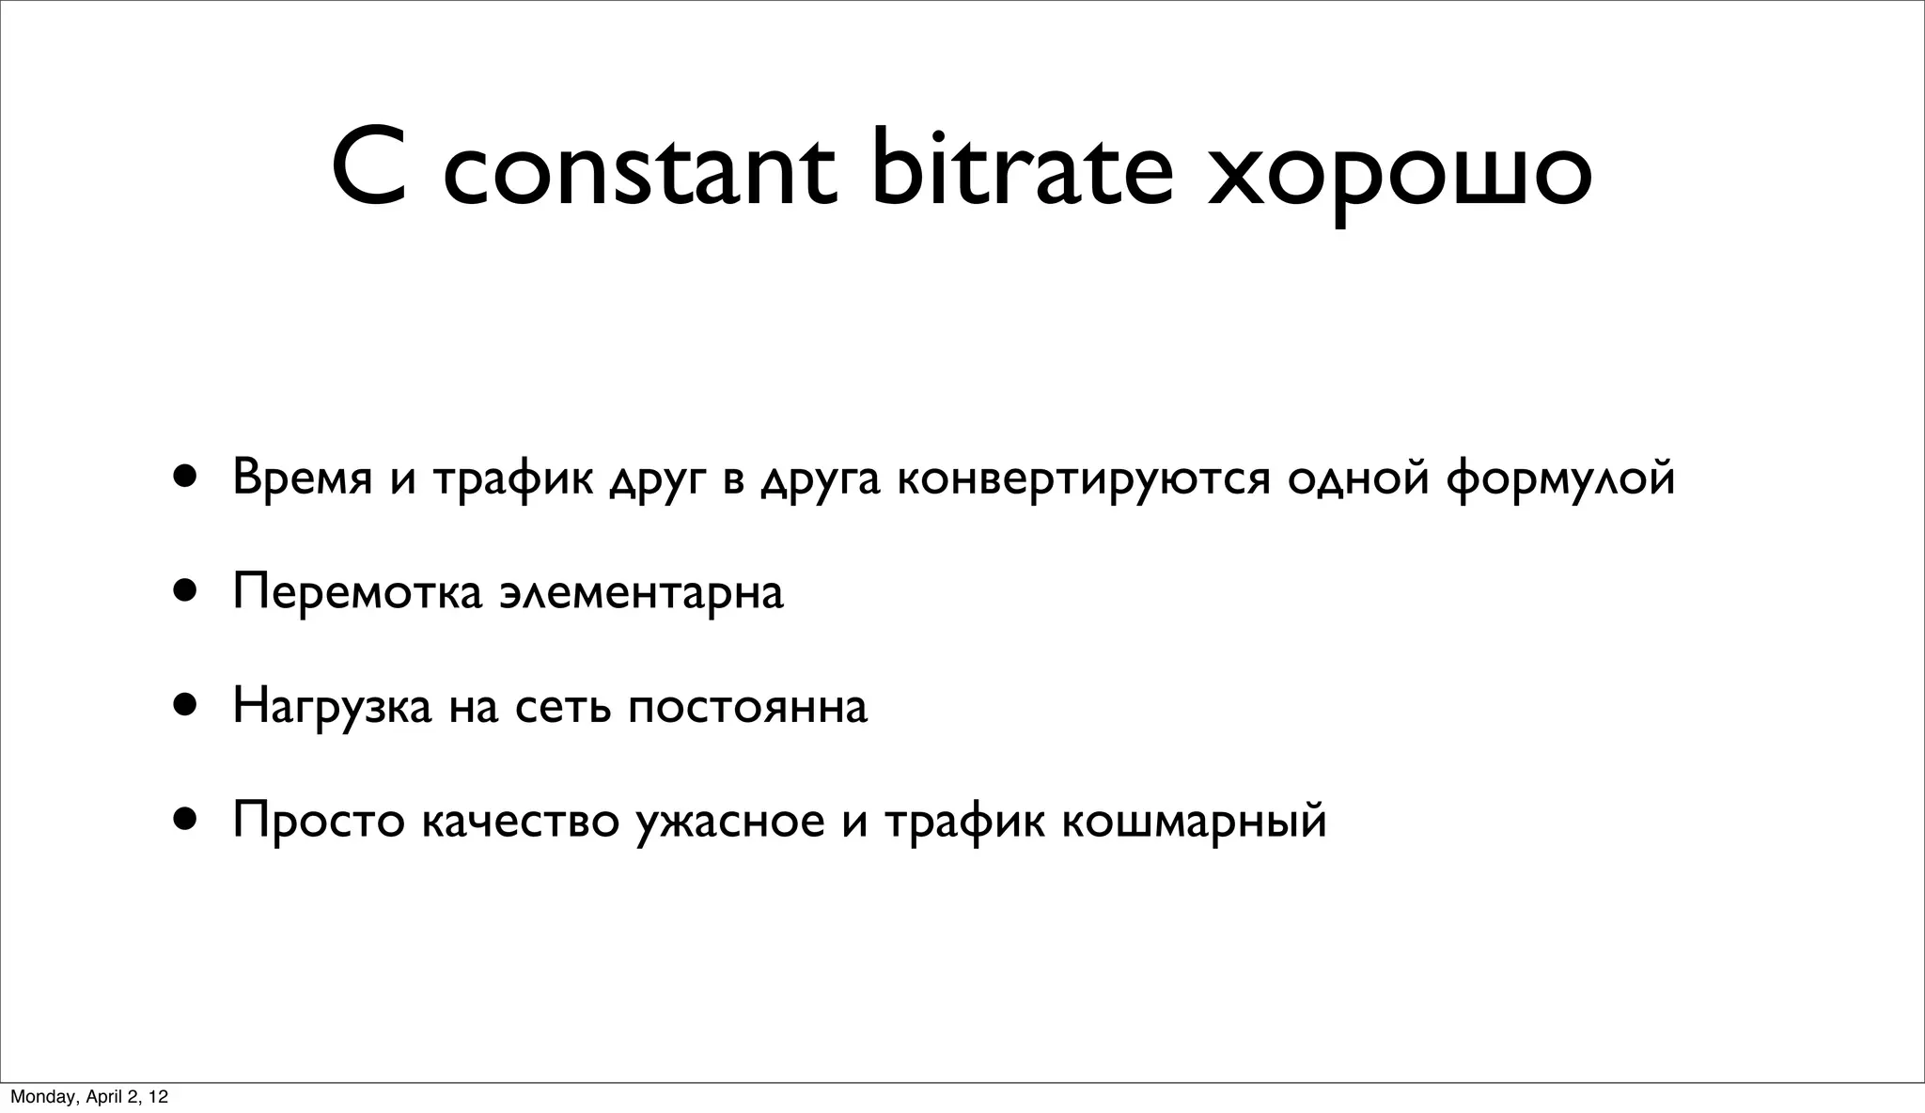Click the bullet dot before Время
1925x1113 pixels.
click(x=184, y=477)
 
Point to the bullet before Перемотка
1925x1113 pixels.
click(x=184, y=590)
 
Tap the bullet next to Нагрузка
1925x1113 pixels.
click(x=184, y=705)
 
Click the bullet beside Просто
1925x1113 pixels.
click(x=184, y=819)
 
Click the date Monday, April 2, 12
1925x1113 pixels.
click(x=89, y=1096)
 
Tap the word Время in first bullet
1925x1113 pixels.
click(x=302, y=478)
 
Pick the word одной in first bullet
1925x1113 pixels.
click(x=1358, y=478)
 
